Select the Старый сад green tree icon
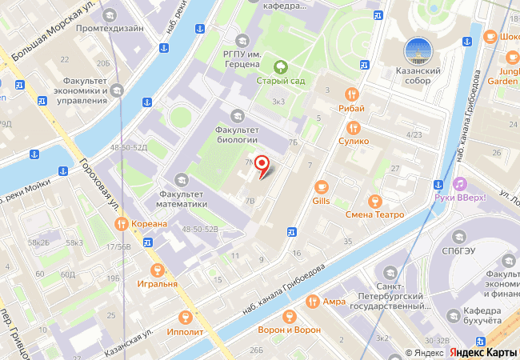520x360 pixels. (x=280, y=66)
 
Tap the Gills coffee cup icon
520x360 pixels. (x=322, y=186)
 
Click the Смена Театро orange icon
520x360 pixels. (x=374, y=201)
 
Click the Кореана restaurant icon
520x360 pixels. (x=122, y=223)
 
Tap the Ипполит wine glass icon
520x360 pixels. (x=186, y=318)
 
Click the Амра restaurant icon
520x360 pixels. (x=312, y=301)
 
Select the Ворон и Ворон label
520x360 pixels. (x=289, y=330)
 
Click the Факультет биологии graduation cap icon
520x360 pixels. (x=237, y=115)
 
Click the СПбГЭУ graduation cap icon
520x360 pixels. (x=459, y=237)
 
